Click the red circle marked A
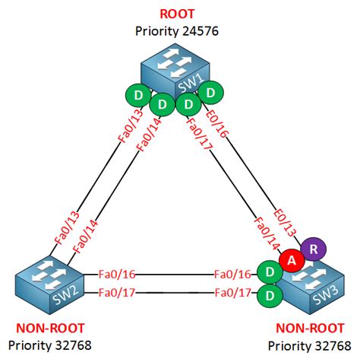click(291, 259)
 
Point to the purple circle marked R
click(311, 249)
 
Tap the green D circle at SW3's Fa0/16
click(269, 272)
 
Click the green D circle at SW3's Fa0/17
click(269, 294)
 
